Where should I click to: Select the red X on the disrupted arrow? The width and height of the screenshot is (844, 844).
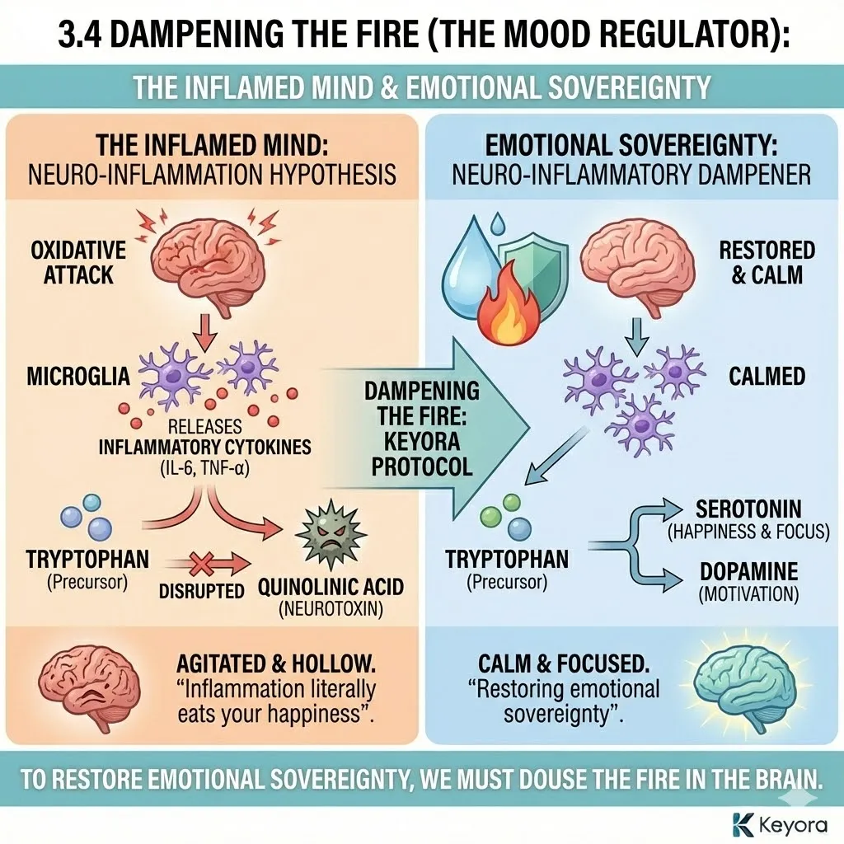tap(201, 565)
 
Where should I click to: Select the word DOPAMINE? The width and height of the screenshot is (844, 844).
tap(747, 572)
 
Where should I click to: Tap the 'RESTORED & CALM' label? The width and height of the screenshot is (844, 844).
tap(767, 262)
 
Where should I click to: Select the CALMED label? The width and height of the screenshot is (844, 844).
tap(767, 377)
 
